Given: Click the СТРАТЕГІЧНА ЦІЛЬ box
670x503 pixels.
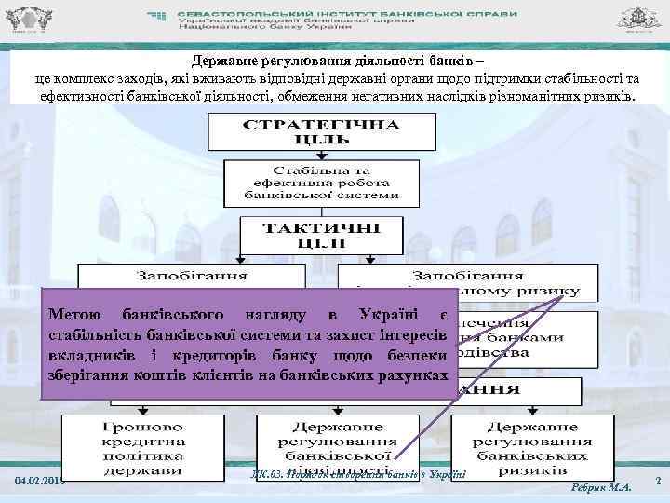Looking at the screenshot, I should [x=321, y=131].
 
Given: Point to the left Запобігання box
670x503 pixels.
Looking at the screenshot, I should [x=191, y=276].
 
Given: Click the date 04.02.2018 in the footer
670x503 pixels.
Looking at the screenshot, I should [x=38, y=481].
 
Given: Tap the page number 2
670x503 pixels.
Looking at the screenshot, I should [x=657, y=481].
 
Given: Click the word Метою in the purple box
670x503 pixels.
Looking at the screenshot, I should [x=74, y=314].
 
